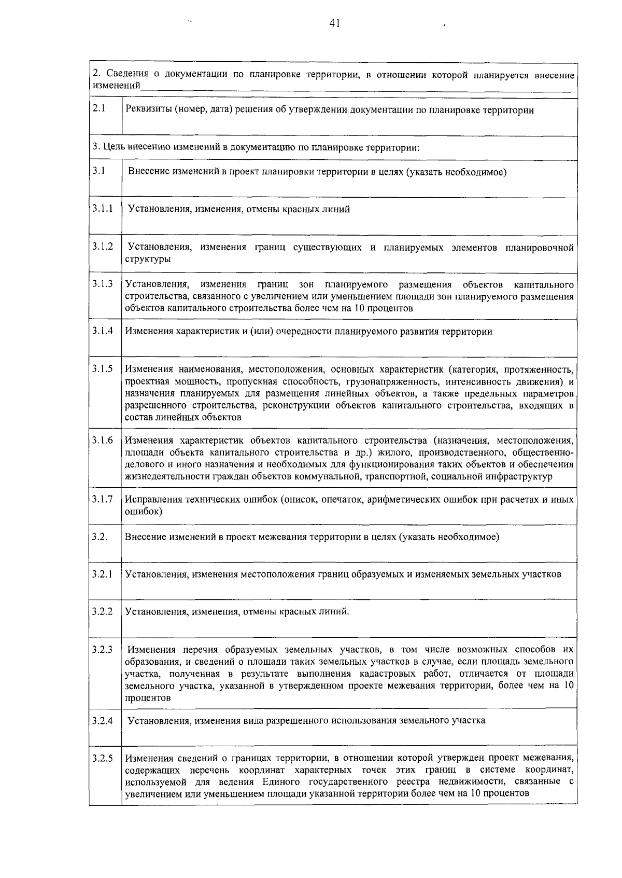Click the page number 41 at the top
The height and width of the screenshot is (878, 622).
(x=334, y=23)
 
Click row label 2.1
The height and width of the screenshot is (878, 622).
(x=98, y=109)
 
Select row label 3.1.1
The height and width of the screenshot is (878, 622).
(x=103, y=209)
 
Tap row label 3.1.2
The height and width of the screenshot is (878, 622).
(x=103, y=246)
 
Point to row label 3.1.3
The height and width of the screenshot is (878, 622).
(x=103, y=284)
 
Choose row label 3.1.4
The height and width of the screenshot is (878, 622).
(x=103, y=331)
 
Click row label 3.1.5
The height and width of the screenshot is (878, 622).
(x=103, y=368)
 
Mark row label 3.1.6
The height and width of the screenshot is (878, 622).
(x=103, y=440)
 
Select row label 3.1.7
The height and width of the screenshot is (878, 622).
(x=103, y=499)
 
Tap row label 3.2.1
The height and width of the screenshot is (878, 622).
(x=103, y=574)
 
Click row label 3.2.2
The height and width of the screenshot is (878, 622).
(x=103, y=611)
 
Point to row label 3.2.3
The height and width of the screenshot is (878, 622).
(x=103, y=649)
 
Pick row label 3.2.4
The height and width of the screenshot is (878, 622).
(x=103, y=720)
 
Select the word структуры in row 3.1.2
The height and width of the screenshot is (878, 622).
(x=148, y=259)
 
